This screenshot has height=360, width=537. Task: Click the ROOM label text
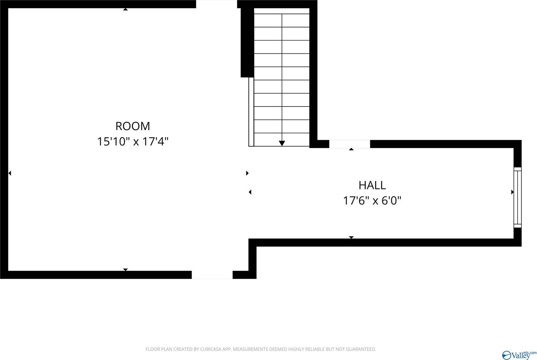click(x=133, y=126)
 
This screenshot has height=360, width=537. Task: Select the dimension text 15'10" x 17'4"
click(x=133, y=141)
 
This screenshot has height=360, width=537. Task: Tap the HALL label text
click(x=372, y=185)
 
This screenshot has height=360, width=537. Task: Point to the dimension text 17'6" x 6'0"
click(x=372, y=200)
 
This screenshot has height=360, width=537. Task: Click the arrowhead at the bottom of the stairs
click(x=282, y=143)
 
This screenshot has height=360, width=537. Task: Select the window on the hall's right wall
click(x=518, y=197)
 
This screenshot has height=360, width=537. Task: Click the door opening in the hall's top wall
click(x=349, y=144)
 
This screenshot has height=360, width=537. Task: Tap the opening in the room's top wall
click(x=216, y=4)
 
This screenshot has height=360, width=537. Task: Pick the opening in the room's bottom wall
click(x=212, y=275)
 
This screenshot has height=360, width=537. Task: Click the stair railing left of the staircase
click(x=251, y=112)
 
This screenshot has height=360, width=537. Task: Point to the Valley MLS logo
click(x=519, y=355)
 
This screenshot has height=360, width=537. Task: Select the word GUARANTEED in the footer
click(x=362, y=349)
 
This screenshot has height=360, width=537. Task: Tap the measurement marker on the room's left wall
click(x=10, y=173)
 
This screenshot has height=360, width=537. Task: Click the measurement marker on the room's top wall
click(x=125, y=9)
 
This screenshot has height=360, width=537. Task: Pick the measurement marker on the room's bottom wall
click(x=125, y=270)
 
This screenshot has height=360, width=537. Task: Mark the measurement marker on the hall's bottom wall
click(x=351, y=237)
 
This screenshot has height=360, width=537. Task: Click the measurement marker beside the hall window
click(x=512, y=192)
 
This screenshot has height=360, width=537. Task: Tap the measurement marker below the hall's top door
click(x=351, y=149)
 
